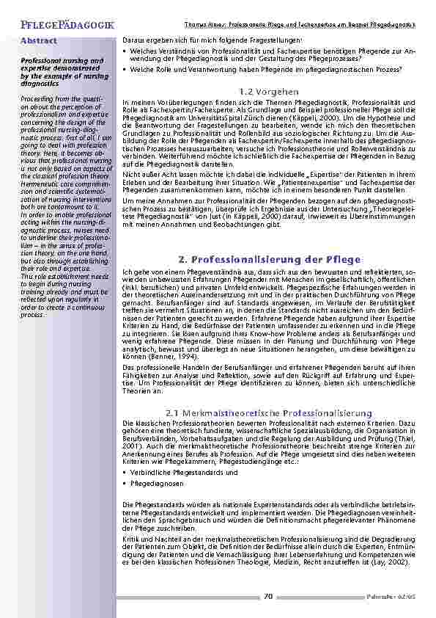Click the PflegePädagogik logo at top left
click(x=57, y=26)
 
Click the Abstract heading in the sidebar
click(x=40, y=40)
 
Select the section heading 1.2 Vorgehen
click(x=268, y=90)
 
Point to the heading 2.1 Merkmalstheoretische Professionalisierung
click(x=270, y=413)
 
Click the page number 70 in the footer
click(x=268, y=597)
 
